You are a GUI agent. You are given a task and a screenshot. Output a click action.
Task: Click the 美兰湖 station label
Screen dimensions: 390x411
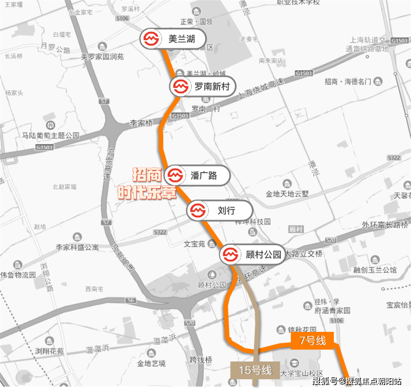[x=182, y=39]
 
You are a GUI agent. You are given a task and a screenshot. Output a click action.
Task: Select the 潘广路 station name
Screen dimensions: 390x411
[x=204, y=176]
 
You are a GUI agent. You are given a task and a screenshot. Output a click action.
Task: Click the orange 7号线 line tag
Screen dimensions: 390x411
[x=312, y=341]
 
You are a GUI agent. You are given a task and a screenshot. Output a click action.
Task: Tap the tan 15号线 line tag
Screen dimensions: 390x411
[x=255, y=370]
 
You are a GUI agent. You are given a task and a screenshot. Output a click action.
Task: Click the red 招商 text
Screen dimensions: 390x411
[x=147, y=175]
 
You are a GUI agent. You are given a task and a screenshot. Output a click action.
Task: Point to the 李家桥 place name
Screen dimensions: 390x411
[x=141, y=124]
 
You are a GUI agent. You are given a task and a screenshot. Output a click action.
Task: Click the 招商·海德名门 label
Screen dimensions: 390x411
[x=348, y=82]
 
